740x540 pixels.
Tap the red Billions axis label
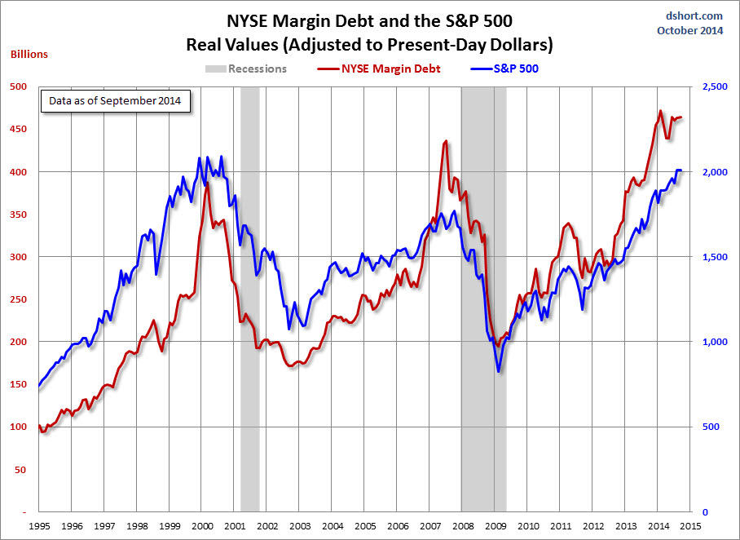pos(29,55)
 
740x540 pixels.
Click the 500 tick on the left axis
pos(19,86)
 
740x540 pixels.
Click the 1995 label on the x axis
pos(39,526)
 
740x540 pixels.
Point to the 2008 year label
pos(462,526)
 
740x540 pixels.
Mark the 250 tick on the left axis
pos(19,299)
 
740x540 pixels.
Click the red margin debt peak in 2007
pos(445,141)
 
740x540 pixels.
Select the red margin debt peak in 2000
pos(207,183)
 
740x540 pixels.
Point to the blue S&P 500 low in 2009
pos(499,372)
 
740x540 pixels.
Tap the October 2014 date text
pos(689,30)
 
